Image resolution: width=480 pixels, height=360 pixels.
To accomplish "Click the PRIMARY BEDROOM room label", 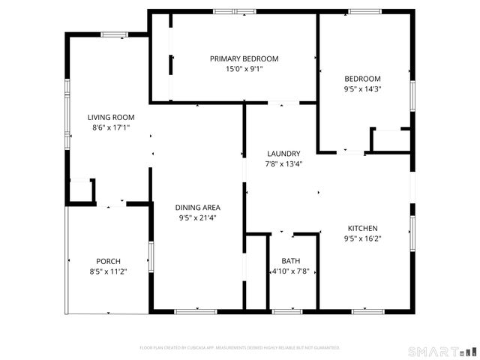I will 244,58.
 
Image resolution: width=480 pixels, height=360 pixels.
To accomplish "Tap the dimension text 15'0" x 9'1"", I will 244,69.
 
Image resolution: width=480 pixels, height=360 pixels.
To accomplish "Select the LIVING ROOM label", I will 111,117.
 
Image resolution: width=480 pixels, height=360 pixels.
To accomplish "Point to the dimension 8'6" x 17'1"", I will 111,127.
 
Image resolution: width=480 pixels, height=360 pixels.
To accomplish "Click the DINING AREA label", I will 198,208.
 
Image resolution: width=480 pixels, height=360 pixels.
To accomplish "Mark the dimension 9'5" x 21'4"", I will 198,218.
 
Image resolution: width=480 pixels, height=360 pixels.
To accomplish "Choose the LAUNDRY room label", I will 283,154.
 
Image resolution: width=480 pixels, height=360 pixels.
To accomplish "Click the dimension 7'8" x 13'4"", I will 283,164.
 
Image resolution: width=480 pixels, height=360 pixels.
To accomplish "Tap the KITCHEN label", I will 362,229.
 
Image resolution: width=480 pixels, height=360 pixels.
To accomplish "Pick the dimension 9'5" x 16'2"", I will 362,239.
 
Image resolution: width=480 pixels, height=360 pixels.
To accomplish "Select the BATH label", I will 289,260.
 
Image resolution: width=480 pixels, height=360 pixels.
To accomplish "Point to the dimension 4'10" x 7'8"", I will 290,271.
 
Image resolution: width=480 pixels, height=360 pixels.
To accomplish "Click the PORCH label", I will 108,261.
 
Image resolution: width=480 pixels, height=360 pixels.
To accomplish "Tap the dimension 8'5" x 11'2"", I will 108,271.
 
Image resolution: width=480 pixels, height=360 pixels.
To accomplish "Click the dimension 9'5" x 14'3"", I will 362,89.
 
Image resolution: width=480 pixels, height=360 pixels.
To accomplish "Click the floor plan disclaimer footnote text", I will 240,348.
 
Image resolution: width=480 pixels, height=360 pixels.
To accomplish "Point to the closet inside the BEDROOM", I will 391,141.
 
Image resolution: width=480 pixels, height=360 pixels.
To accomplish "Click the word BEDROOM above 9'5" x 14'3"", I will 362,79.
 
